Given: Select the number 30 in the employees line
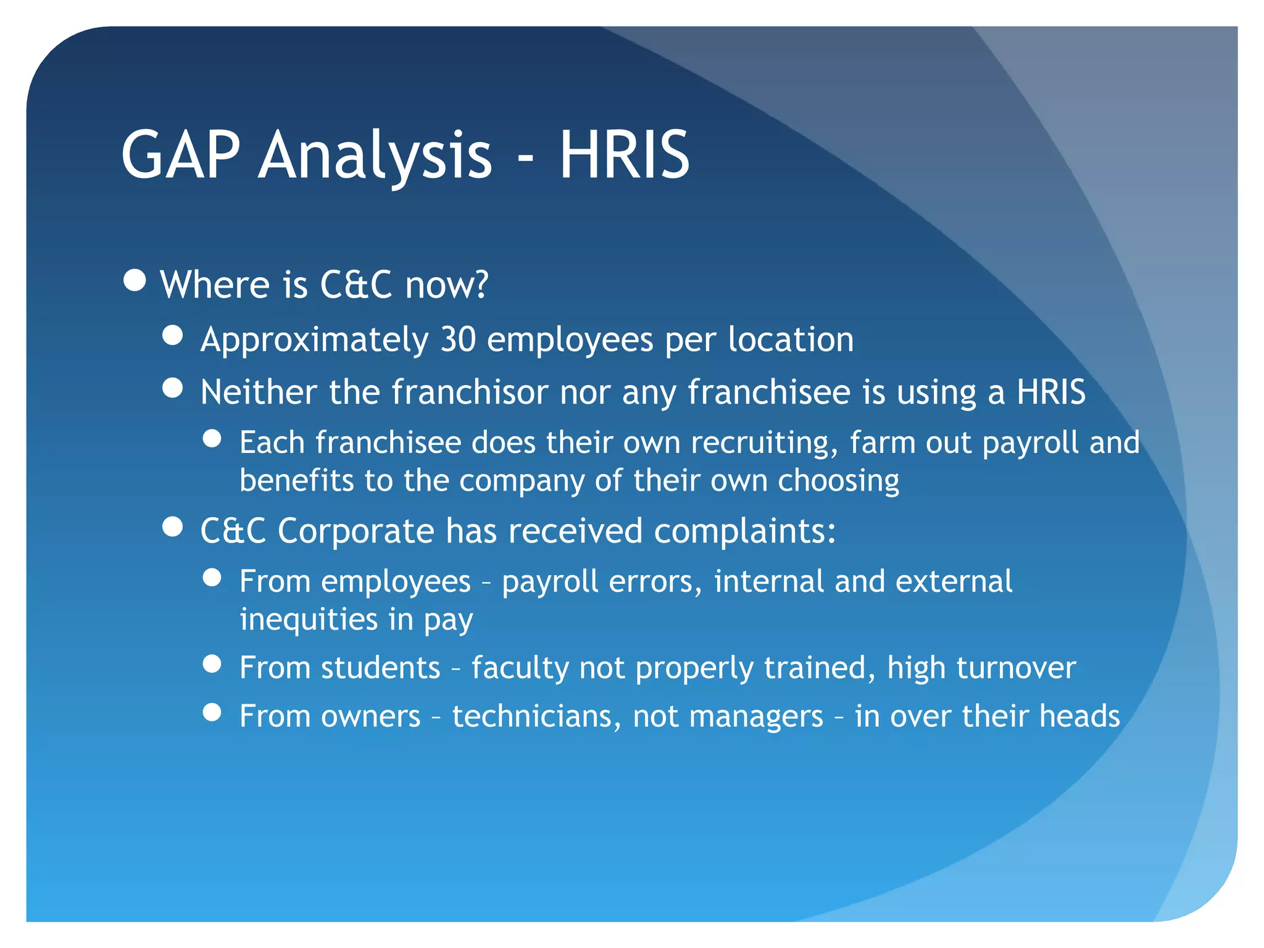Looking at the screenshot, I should (458, 339).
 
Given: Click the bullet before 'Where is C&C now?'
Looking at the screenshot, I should (135, 280).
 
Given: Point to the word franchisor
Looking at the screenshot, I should (470, 392).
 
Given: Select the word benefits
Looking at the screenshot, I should (296, 480).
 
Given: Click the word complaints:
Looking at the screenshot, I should (745, 531).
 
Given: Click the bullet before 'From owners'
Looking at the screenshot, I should (212, 712).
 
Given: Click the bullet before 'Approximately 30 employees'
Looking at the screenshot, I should (173, 336).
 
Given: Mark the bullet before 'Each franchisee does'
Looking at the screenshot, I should (212, 439).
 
